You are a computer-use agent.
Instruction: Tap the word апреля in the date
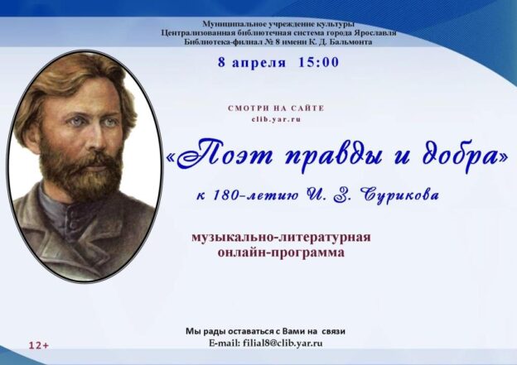coord(258,62)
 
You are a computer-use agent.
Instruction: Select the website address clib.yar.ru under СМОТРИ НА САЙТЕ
coord(277,119)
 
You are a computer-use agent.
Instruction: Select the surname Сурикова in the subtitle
coord(397,196)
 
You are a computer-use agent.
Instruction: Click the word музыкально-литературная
coord(281,238)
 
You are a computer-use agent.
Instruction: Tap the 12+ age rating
coord(38,345)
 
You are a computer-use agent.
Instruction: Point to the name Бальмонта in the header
coord(344,41)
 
